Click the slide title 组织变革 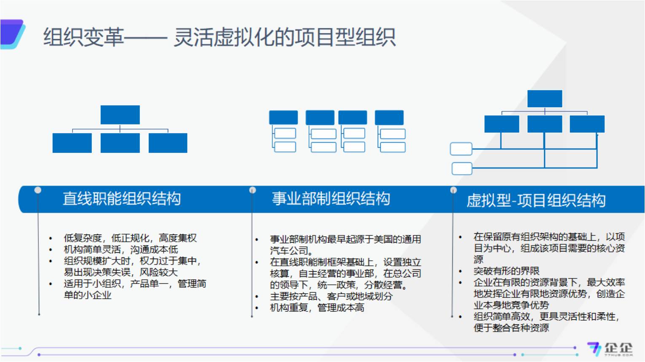pos(83,37)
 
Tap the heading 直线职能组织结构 pos(121,198)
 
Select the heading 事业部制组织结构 pos(331,198)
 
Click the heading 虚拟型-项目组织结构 pos(535,200)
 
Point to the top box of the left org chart pos(120,115)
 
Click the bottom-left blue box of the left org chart pos(72,143)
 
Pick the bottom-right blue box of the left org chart pos(168,143)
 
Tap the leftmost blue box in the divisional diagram pos(283,117)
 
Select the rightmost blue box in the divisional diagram pos(389,117)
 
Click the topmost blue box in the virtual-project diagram pos(544,99)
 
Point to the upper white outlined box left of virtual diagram pos(461,149)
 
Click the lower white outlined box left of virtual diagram pos(462,169)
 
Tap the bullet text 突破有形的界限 pos(506,271)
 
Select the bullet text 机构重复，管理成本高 pos(317,308)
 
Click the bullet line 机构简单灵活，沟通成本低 pos(121,250)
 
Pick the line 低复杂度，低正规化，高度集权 pos(130,238)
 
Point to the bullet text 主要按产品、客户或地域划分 pos(331,297)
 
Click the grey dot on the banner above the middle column pos(253,190)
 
